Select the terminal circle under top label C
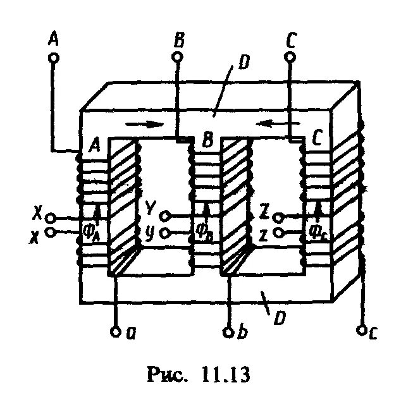pos(290,58)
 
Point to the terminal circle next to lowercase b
pos(230,331)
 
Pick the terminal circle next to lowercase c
pos(362,330)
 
